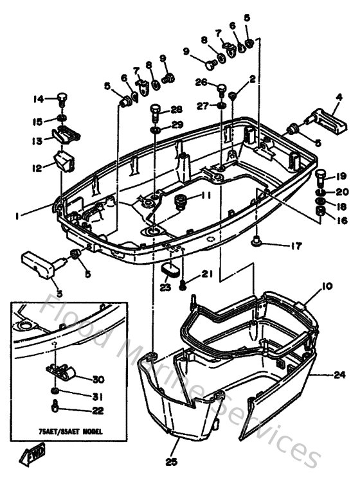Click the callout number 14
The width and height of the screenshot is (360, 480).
pos(38,98)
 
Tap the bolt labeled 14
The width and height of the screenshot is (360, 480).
pos(62,99)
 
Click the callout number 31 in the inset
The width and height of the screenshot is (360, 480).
pos(96,396)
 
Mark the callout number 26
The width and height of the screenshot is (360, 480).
pos(201,82)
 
